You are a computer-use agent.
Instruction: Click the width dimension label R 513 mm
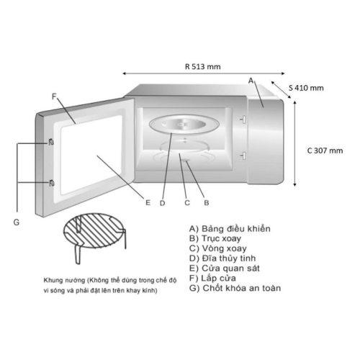pos(203,66)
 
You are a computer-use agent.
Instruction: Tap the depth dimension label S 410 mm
pos(306,88)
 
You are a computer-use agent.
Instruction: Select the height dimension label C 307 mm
pos(325,150)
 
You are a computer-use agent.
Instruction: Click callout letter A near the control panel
pos(251,81)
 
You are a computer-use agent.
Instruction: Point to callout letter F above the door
pos(54,96)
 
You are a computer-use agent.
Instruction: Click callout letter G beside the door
pos(17,222)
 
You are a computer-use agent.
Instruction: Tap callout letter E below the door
pos(148,203)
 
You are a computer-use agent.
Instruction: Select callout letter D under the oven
pos(163,203)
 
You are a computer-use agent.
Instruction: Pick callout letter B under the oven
pos(207,203)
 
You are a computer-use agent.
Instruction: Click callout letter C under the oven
pos(187,203)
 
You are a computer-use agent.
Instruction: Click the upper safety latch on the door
pos(51,143)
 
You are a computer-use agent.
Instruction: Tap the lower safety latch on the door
pos(51,183)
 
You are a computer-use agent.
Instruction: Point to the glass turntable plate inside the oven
pos(184,125)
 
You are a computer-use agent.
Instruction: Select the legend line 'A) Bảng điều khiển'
pos(230,229)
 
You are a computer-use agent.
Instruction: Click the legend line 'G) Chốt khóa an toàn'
pos(235,288)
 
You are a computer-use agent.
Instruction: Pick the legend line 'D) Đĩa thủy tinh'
pos(222,258)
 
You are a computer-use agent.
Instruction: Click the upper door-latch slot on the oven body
pos(243,119)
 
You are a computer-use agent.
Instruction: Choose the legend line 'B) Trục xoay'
pos(215,238)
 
